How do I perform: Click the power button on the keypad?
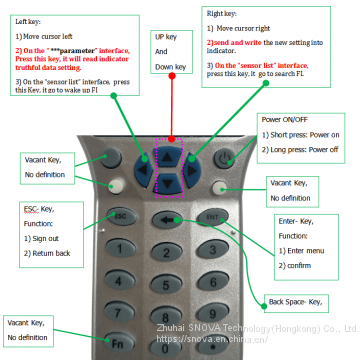(228, 158)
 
